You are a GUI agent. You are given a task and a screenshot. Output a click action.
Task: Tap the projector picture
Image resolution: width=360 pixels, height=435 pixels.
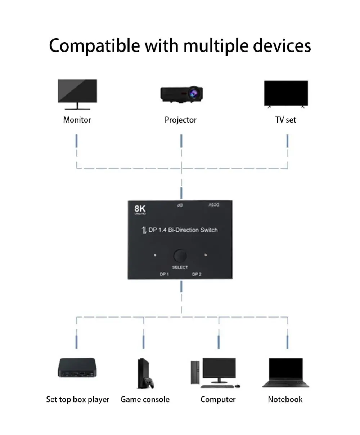(x=181, y=94)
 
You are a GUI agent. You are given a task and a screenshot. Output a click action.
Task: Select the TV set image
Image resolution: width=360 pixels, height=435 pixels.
(x=286, y=93)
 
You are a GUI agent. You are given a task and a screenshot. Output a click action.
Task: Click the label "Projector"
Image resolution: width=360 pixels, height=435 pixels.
(x=180, y=120)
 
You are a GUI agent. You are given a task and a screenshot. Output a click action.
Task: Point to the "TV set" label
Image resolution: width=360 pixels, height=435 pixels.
(x=285, y=120)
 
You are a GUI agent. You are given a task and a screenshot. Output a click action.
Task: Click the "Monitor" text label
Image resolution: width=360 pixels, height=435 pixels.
(x=77, y=120)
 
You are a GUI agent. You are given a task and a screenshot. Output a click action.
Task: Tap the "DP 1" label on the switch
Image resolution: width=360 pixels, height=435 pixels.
(x=165, y=275)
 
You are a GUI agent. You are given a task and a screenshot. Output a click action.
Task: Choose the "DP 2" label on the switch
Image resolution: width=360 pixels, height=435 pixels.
(x=197, y=275)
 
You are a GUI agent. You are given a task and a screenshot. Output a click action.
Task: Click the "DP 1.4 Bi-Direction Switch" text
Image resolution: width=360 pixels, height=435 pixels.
(x=183, y=230)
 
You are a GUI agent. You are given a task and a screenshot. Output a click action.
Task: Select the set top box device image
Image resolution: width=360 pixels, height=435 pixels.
(x=77, y=368)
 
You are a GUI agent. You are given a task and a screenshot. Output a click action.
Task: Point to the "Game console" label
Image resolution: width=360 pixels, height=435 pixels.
(x=145, y=400)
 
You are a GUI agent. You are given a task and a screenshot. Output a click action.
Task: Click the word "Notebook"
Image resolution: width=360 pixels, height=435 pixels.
(x=285, y=400)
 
